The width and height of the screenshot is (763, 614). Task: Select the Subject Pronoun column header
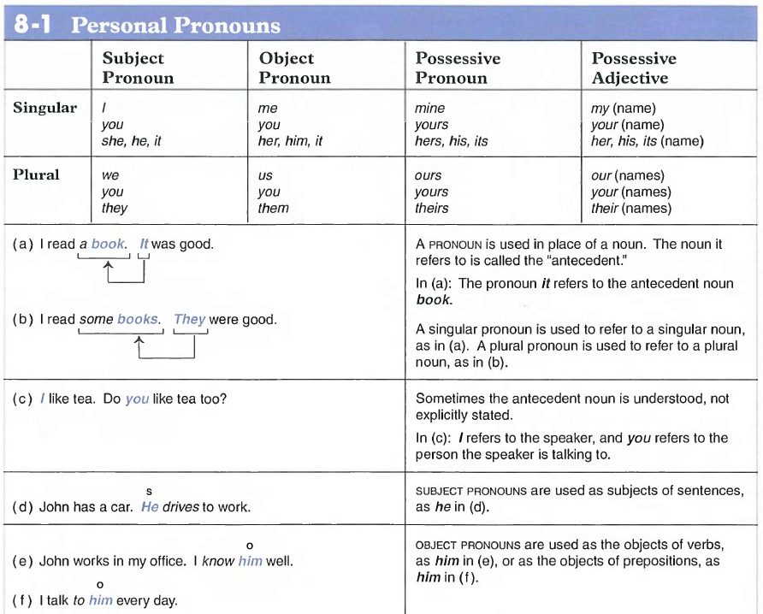[137, 68]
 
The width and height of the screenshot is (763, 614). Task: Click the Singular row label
[44, 109]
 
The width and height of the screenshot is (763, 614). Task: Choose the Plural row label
[36, 175]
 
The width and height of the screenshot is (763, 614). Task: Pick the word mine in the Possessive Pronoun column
[429, 109]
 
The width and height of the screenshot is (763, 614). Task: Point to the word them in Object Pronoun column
[273, 208]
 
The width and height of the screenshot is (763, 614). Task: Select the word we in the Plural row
[109, 175]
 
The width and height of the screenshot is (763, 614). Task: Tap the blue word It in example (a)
[144, 244]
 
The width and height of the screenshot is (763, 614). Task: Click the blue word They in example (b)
[189, 319]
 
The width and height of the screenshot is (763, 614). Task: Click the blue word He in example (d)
[150, 506]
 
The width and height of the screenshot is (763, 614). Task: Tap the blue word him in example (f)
[100, 600]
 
